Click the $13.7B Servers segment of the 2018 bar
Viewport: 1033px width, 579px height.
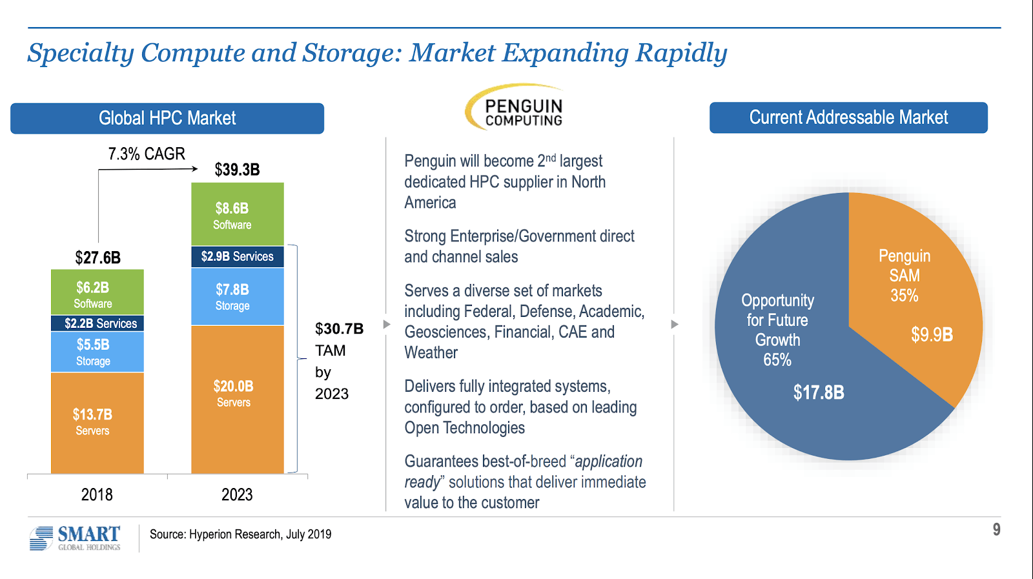tap(97, 423)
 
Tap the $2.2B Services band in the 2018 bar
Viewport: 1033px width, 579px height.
tap(97, 323)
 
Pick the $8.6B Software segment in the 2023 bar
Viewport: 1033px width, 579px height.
tap(237, 214)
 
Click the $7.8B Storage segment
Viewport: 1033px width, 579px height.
tap(237, 297)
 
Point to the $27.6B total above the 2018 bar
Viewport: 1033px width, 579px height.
tap(97, 258)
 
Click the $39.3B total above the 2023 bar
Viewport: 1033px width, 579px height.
tap(237, 170)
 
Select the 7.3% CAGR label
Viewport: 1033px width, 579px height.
tap(147, 154)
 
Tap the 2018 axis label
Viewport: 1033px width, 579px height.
tap(97, 494)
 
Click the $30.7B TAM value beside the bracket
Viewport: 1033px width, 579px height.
tap(339, 329)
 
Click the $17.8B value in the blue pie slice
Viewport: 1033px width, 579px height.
tap(819, 392)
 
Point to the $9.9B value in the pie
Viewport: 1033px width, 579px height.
tap(932, 334)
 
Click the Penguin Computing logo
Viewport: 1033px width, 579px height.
tap(515, 107)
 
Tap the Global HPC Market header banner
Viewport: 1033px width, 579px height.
tap(167, 118)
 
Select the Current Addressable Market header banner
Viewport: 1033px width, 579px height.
tap(848, 117)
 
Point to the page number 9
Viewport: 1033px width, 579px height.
tap(996, 530)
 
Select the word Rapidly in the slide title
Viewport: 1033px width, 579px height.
tap(681, 53)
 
